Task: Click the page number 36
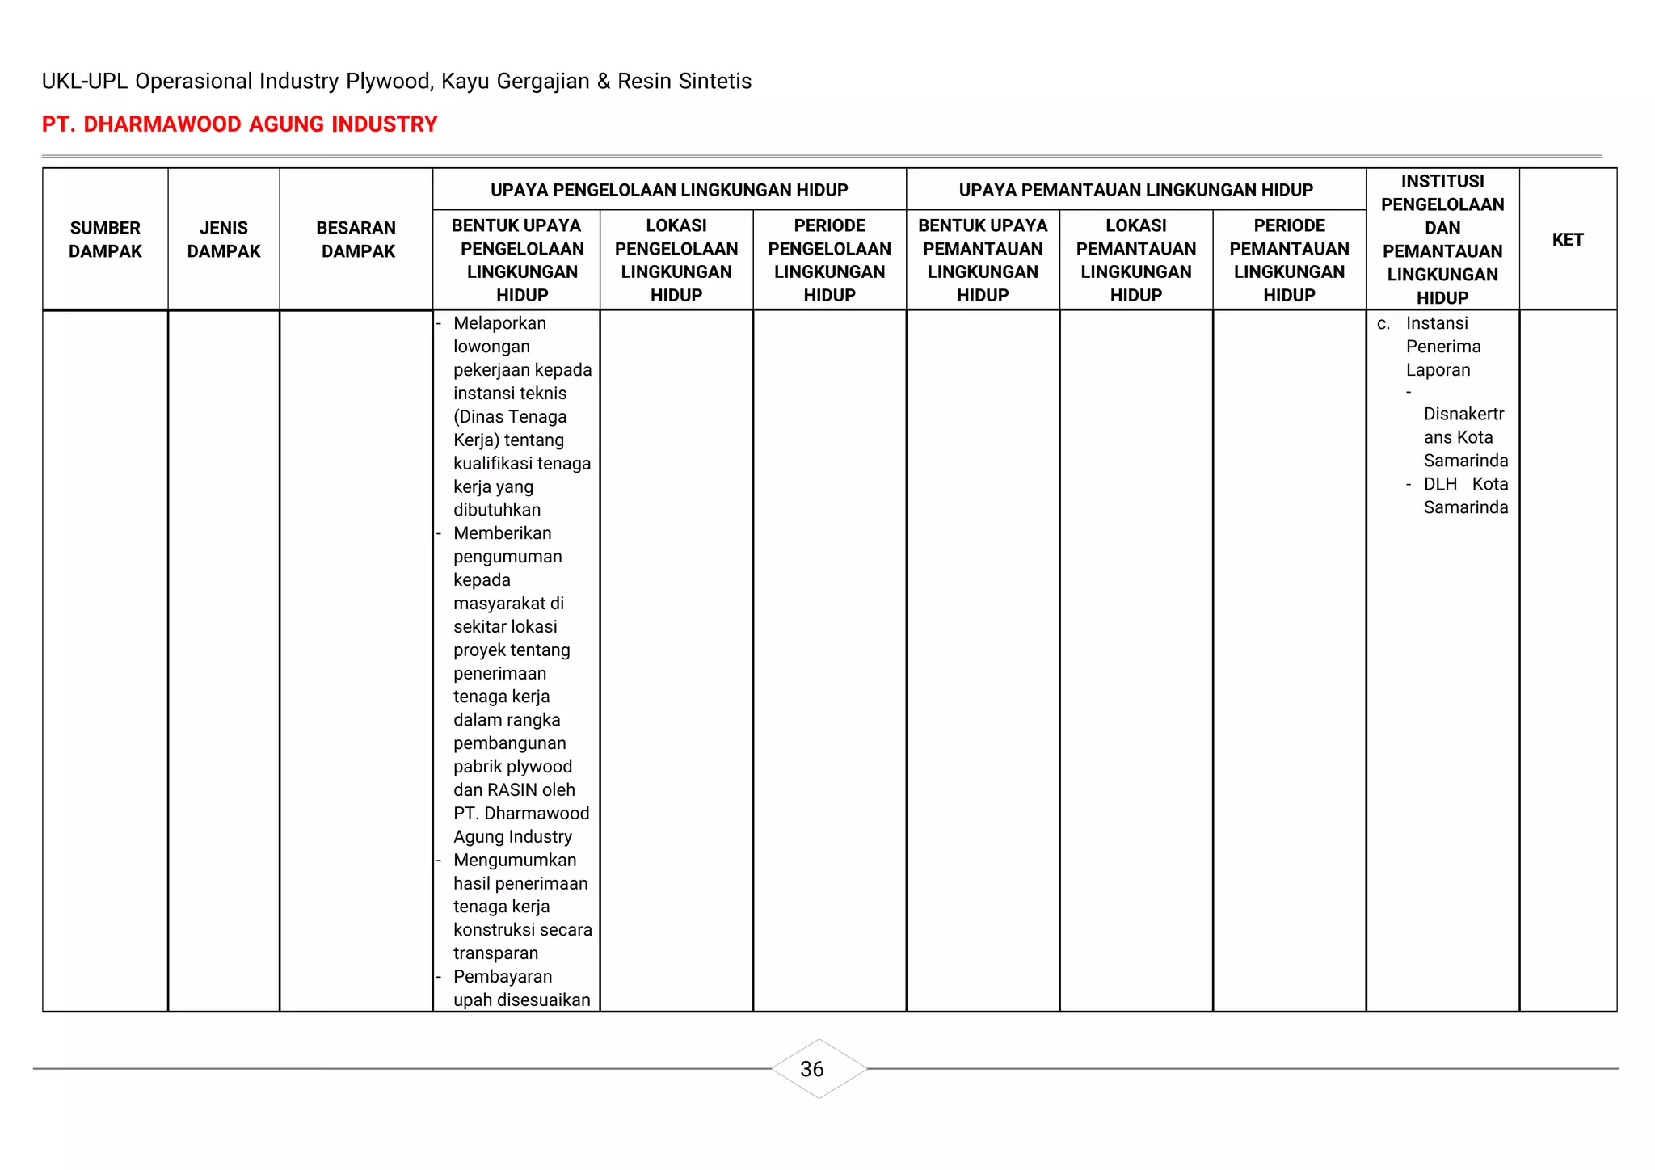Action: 811,1069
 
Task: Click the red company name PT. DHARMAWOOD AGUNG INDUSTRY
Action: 239,124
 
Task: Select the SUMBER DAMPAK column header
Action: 105,239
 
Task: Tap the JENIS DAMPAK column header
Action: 224,239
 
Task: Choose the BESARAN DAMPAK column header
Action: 356,239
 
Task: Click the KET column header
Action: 1567,239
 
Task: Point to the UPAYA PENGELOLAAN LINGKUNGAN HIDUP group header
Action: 669,190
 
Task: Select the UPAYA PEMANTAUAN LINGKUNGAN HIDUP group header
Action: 1135,190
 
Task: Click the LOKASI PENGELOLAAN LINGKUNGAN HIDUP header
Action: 676,259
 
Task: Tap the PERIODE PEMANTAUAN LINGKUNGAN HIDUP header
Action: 1289,259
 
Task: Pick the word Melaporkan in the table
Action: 499,323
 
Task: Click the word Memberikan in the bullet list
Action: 502,533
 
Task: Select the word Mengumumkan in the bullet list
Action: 515,860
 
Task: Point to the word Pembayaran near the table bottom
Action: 502,977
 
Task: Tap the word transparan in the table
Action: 495,953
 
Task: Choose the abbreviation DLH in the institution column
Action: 1440,484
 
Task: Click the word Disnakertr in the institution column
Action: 1463,415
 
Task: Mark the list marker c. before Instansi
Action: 1383,324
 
